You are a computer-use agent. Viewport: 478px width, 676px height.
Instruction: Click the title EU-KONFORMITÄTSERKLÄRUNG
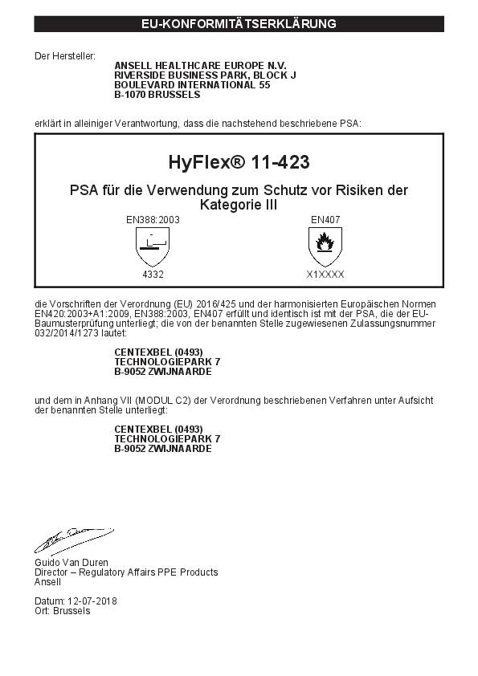(x=239, y=24)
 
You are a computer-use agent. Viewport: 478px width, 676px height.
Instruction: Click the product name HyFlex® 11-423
(x=239, y=161)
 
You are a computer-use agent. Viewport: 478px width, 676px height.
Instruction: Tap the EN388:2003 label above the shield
(x=153, y=218)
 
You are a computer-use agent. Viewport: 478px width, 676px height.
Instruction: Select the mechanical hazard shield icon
(x=153, y=244)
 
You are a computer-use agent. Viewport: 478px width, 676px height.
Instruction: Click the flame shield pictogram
(x=325, y=244)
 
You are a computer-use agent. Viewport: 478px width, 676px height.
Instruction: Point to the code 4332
(x=153, y=274)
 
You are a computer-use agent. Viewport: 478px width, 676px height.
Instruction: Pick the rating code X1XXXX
(x=325, y=274)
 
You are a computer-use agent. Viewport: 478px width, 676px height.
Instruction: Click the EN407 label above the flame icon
(x=325, y=218)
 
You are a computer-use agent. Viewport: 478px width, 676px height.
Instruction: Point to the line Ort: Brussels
(x=63, y=611)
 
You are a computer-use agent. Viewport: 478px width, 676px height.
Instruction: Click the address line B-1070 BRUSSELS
(x=157, y=94)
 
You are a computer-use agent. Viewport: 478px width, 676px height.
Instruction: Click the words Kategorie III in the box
(x=239, y=206)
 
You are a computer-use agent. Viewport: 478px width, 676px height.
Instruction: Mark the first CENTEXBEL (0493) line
(x=158, y=352)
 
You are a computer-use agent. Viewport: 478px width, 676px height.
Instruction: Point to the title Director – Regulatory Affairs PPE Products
(x=126, y=572)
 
